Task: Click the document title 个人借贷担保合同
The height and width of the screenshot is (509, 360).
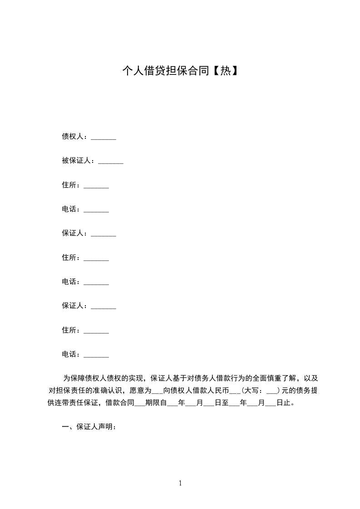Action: coord(166,71)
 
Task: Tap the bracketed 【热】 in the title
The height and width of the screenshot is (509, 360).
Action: coord(224,71)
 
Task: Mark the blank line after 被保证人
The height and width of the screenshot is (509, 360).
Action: coord(111,162)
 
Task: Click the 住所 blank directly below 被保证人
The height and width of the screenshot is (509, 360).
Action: coord(96,186)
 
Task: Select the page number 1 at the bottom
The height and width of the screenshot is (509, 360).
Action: coord(180,483)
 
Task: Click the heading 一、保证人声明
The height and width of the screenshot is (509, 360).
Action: coord(89,427)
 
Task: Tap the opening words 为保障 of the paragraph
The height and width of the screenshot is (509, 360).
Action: coord(73,378)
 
